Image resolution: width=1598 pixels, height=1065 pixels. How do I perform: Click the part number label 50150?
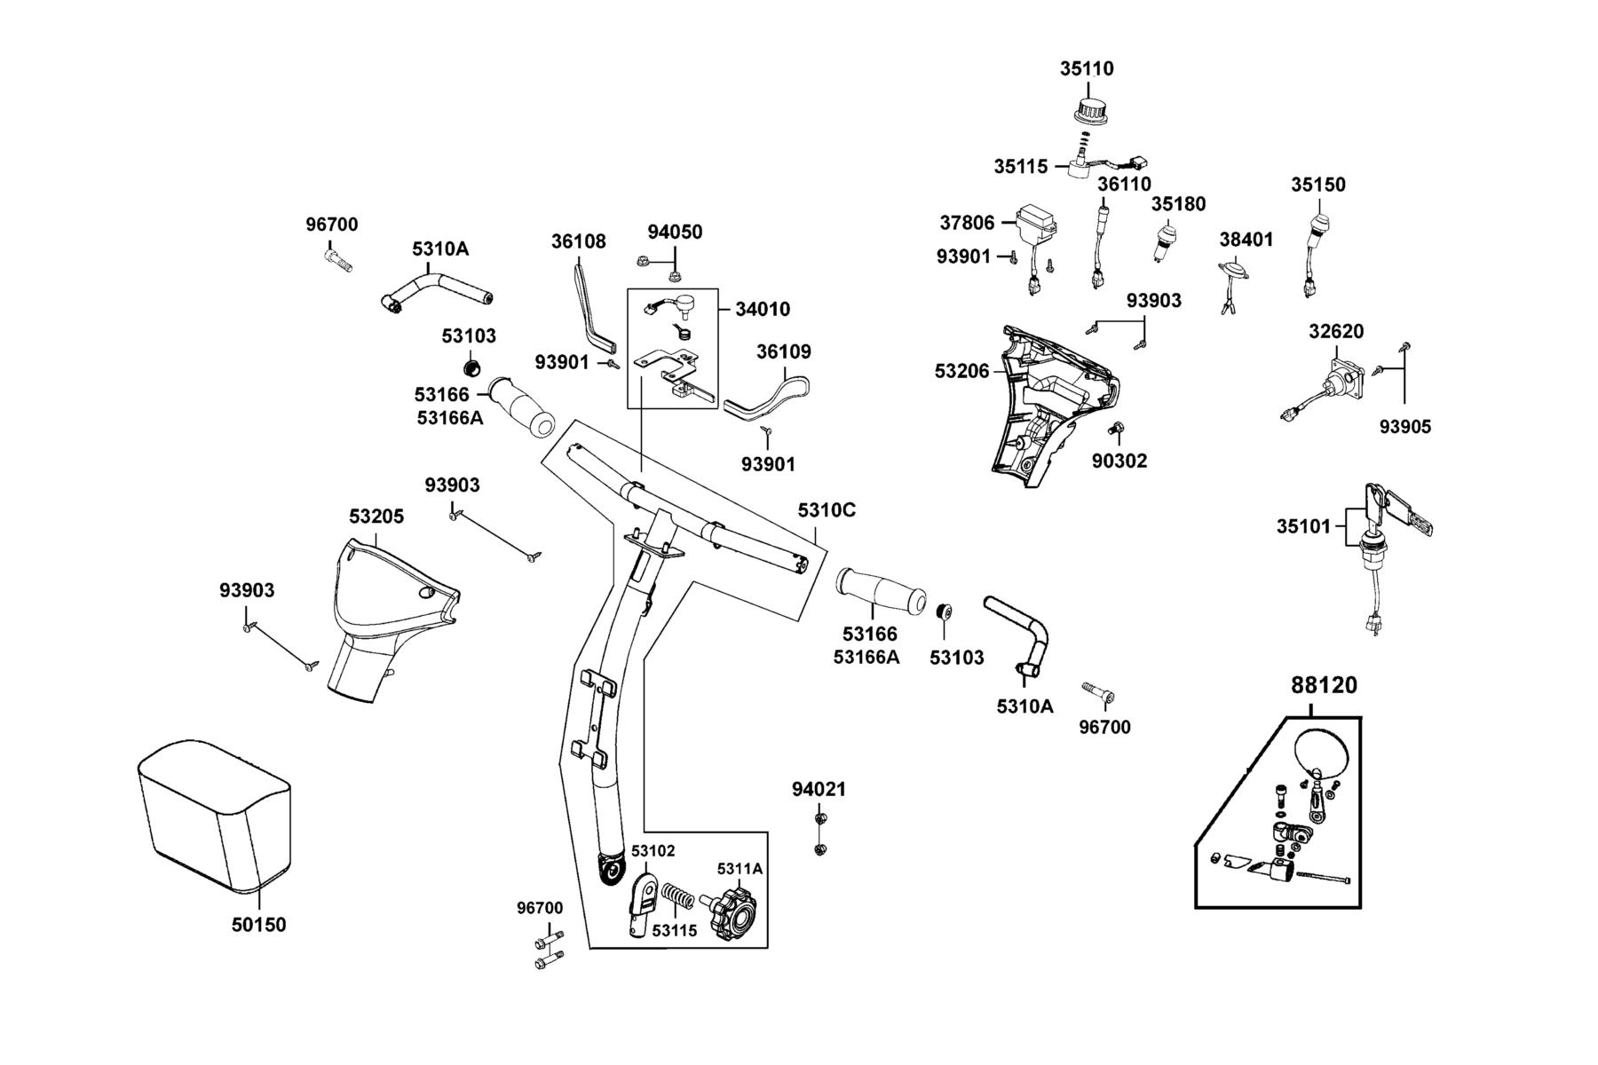pos(259,925)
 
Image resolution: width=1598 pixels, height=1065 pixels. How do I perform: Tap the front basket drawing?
pos(214,815)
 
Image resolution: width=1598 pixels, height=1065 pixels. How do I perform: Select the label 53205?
pos(376,517)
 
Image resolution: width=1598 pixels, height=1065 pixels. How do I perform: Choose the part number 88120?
pos(1324,686)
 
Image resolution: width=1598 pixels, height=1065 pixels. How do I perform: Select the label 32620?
pos(1336,331)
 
